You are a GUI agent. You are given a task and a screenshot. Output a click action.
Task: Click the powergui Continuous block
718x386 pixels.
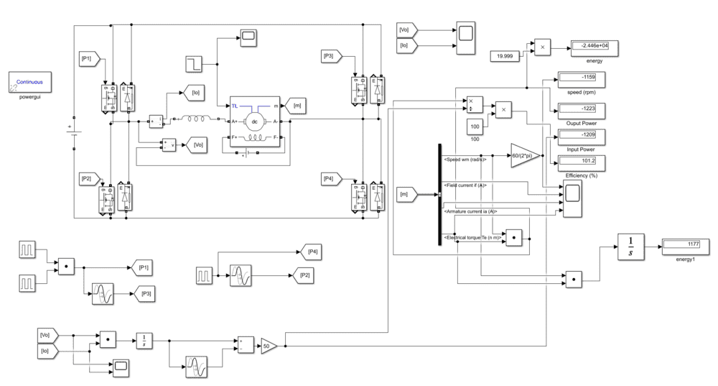click(30, 83)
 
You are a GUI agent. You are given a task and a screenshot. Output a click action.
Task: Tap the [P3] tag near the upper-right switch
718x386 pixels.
click(332, 56)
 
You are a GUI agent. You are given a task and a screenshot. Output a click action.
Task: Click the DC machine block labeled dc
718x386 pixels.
click(255, 121)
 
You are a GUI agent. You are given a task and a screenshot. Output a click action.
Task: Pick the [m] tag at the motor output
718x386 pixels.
click(296, 106)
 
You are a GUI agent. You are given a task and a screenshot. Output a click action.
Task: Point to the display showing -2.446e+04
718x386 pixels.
click(594, 48)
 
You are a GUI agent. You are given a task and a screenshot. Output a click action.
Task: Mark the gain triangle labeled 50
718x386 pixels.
click(268, 345)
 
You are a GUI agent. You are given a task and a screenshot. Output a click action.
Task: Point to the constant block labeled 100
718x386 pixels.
click(475, 127)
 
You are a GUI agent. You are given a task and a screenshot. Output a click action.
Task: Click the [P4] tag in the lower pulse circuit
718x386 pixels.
click(311, 252)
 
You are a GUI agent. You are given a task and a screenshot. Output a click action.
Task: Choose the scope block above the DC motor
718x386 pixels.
click(249, 37)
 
